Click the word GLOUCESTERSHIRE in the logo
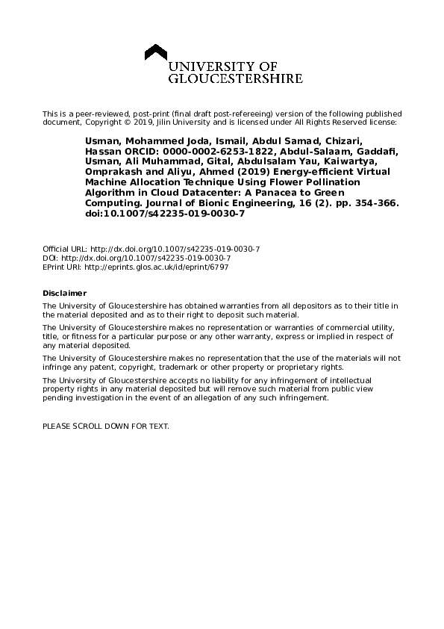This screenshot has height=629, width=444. tap(237, 78)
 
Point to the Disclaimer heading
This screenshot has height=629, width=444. tap(64, 293)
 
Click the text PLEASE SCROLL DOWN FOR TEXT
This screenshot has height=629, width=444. tap(106, 425)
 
